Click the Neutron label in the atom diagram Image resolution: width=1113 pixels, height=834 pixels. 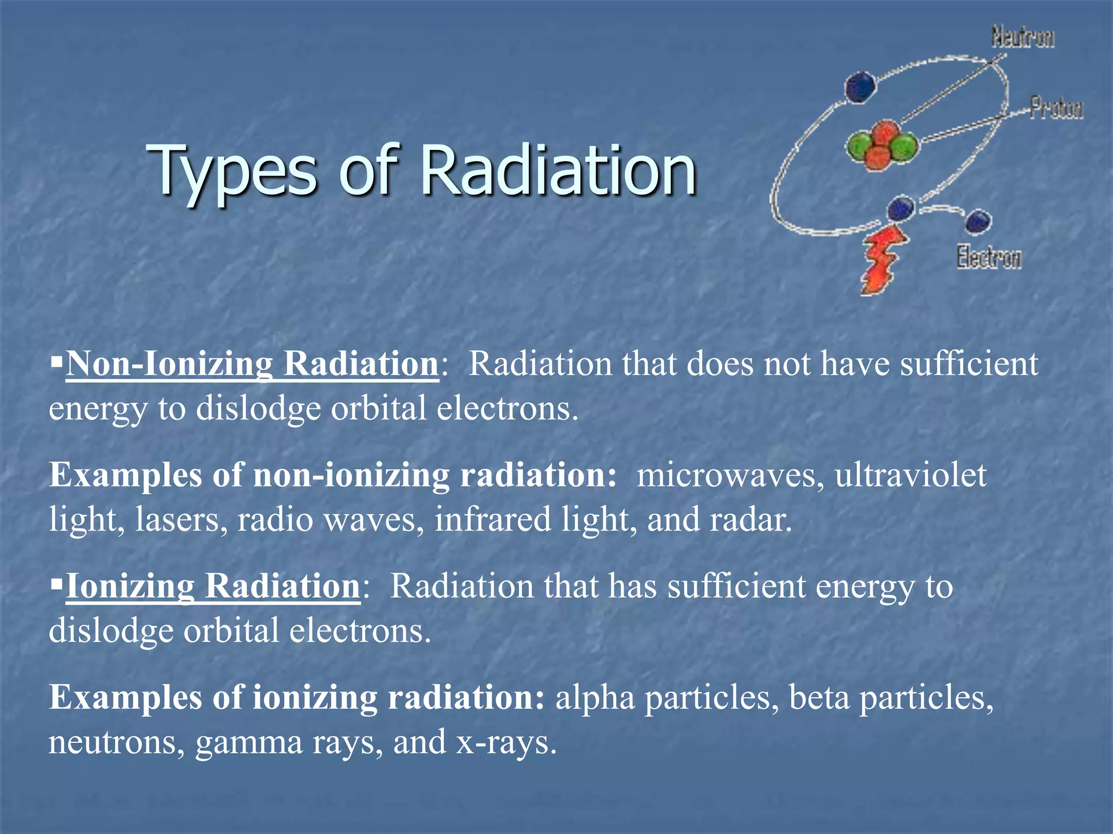[1023, 37]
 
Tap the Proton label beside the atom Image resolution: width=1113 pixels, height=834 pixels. [1056, 108]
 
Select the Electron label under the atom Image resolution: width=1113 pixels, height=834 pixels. [989, 257]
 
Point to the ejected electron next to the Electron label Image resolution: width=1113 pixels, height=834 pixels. [978, 222]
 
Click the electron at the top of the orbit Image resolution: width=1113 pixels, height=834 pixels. [860, 87]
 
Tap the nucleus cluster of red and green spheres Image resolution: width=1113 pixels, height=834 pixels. [882, 144]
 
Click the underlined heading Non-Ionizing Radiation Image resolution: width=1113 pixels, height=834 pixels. [252, 364]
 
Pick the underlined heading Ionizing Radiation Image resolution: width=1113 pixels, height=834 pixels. [212, 586]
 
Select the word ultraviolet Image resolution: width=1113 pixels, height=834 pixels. [910, 476]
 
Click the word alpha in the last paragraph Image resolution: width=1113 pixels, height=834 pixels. [595, 698]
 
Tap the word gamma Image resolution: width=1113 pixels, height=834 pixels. [248, 743]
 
